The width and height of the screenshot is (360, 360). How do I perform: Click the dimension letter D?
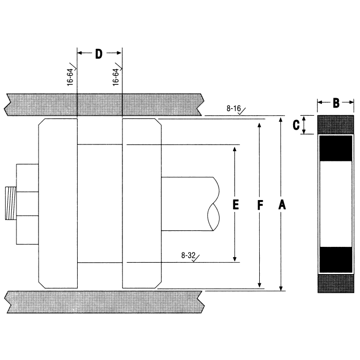(99, 53)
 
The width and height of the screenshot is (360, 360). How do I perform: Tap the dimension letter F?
(260, 205)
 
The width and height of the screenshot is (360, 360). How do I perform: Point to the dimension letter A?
(281, 205)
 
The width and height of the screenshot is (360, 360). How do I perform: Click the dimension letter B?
(335, 103)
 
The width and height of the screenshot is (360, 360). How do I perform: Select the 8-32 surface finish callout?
(189, 255)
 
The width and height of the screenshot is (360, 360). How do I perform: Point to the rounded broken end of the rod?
(213, 204)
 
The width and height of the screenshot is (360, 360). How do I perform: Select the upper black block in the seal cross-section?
(336, 148)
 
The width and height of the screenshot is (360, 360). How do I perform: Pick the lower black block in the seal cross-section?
(336, 260)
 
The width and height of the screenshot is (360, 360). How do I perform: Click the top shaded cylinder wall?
(103, 104)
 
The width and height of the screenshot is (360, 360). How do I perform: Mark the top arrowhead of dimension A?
(281, 120)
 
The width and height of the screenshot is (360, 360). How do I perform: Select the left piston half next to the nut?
(58, 203)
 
